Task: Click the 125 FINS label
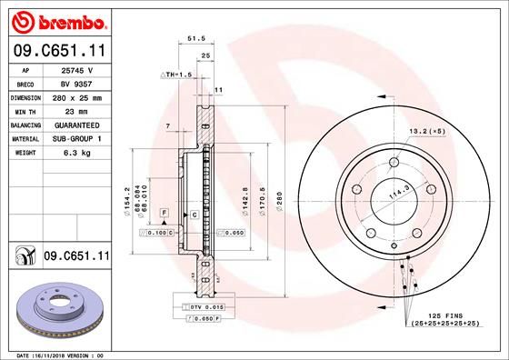[446, 314]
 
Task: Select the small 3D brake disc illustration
[56, 310]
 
